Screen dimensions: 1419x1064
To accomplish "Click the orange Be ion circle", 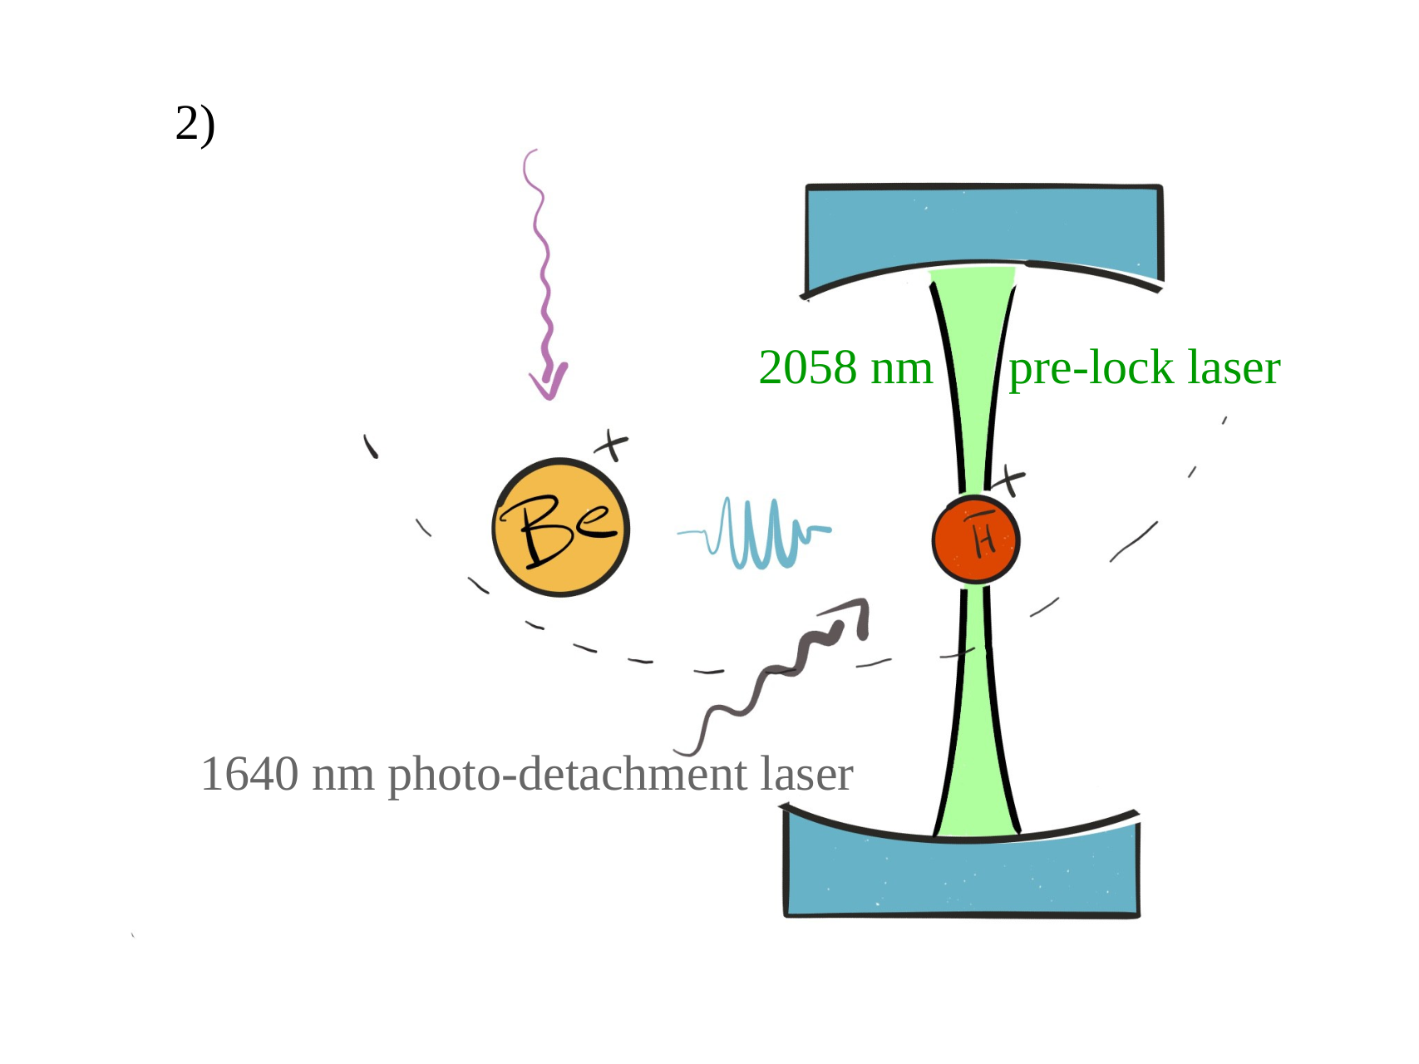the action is pyautogui.click(x=561, y=527).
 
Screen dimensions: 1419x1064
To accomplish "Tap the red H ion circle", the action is pyautogui.click(x=976, y=540).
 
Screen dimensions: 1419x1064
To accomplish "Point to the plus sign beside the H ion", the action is pyautogui.click(x=1008, y=480).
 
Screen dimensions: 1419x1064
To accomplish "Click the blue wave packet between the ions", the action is pyautogui.click(x=754, y=533).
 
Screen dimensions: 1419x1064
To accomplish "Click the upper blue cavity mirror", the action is pyautogui.click(x=983, y=237).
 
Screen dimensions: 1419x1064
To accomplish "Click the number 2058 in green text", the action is pyautogui.click(x=807, y=367).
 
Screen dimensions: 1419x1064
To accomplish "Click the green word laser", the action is pyautogui.click(x=1234, y=367).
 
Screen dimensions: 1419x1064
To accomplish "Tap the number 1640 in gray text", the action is pyautogui.click(x=249, y=775).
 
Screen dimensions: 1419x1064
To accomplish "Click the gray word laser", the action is pyautogui.click(x=807, y=775).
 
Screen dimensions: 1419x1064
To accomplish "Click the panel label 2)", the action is pyautogui.click(x=195, y=125).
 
